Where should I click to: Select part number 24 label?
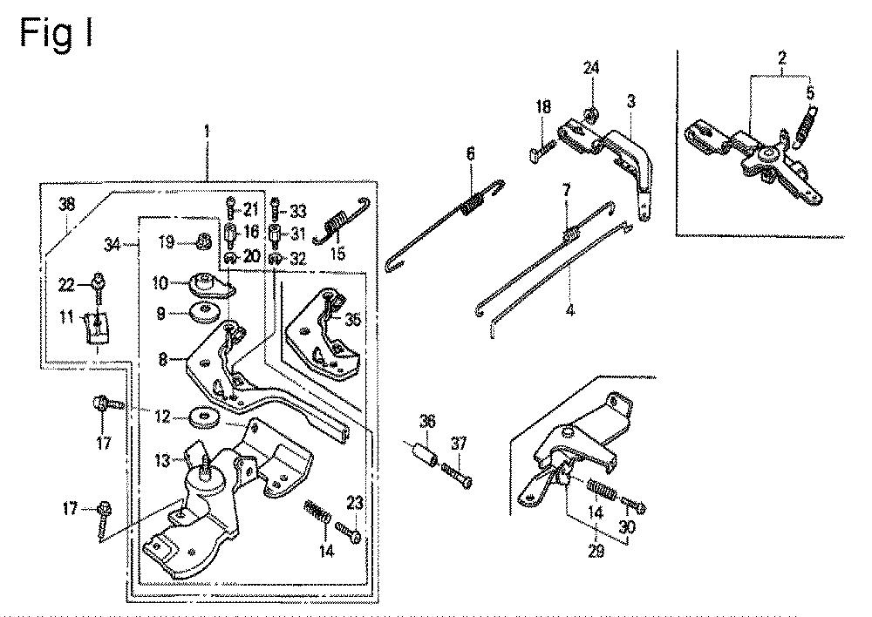point(591,68)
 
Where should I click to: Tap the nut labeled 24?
point(591,115)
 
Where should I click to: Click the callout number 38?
point(67,205)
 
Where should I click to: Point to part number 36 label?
point(427,421)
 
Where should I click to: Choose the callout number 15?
point(337,254)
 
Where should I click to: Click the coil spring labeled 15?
point(340,220)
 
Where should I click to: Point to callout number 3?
point(630,102)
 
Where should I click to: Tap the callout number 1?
point(207,132)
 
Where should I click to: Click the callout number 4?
point(570,310)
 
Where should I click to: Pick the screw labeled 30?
point(633,504)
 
